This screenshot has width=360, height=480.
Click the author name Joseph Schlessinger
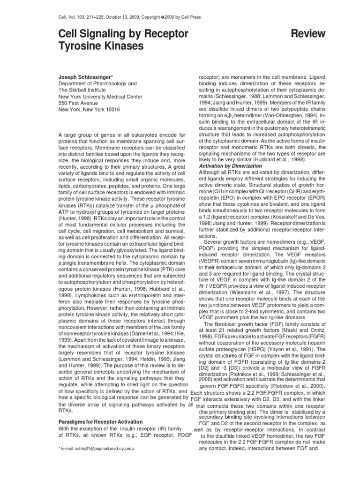pyautogui.click(x=85, y=76)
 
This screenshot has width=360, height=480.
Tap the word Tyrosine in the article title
pyautogui.click(x=78, y=46)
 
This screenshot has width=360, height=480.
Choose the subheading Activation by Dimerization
pyautogui.click(x=231, y=165)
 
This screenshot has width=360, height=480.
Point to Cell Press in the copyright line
pyautogui.click(x=191, y=17)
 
